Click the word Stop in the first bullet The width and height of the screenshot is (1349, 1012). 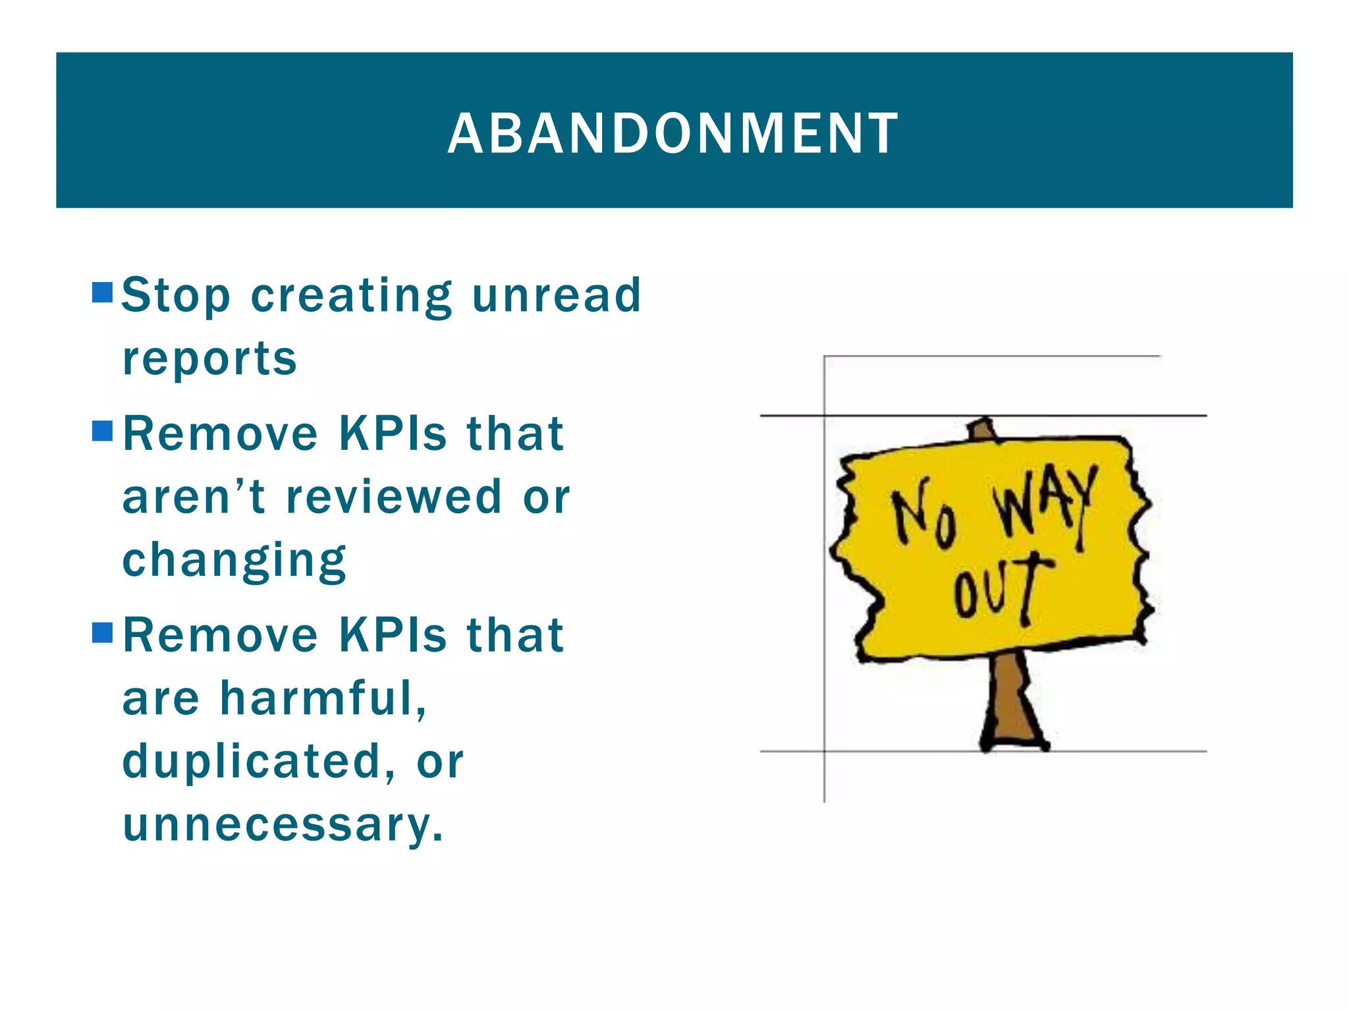176,295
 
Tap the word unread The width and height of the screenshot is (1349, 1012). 557,295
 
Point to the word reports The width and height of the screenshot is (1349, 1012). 209,359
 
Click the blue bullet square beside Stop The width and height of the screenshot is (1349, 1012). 103,293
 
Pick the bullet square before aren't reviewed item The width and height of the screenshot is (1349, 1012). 103,432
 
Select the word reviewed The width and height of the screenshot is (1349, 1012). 393,497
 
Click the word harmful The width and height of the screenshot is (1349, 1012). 323,698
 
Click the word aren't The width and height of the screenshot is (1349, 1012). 194,497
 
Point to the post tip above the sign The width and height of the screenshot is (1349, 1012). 983,428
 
